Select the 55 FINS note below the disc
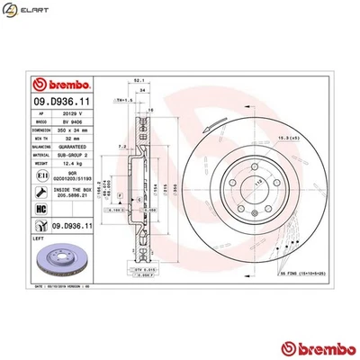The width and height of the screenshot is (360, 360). click(301, 271)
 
